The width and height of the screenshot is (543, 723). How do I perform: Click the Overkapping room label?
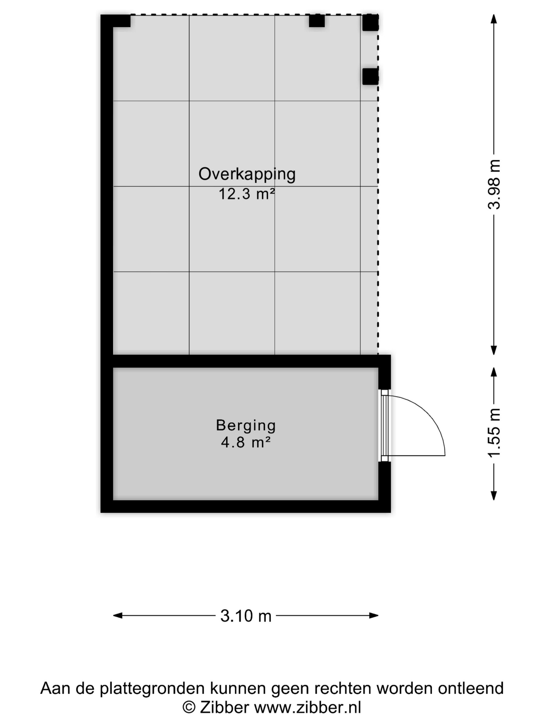pos(247,174)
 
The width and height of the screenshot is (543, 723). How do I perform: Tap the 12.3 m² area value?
pos(246,194)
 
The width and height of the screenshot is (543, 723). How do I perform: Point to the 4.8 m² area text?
pos(246,443)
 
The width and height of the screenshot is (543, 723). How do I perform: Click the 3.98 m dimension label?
pos(494,185)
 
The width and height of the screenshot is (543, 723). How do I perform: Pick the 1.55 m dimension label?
pos(494,433)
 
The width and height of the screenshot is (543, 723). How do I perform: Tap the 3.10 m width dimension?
pos(246,616)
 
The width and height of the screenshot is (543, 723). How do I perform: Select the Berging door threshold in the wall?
pos(384,426)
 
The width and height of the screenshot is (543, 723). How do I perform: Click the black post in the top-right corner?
pos(371,22)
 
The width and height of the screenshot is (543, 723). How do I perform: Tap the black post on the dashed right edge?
pos(371,76)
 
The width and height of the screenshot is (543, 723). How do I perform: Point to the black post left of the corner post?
pos(317,21)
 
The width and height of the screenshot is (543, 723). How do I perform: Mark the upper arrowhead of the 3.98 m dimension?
pos(494,19)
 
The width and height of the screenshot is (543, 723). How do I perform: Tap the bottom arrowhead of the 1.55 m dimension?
pos(494,496)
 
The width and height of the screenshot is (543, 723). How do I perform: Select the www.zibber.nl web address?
pos(308,708)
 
